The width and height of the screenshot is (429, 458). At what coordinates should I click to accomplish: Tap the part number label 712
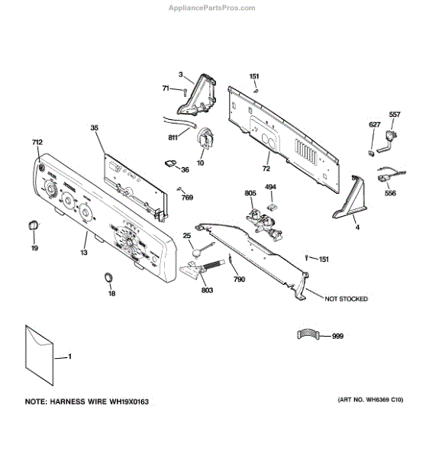tap(37, 143)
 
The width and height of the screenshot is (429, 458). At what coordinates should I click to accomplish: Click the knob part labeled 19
tap(34, 224)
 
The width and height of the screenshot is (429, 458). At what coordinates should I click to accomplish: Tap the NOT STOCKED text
tap(346, 298)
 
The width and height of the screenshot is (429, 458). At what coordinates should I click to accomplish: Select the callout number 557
tap(395, 114)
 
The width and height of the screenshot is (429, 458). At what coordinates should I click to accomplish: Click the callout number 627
tap(374, 124)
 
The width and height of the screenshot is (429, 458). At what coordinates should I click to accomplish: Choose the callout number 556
tap(390, 194)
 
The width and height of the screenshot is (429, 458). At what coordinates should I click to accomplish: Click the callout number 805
tap(250, 194)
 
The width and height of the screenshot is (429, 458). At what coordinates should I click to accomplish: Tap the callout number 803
tap(208, 291)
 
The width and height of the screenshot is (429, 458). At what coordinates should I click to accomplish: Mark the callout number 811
tap(173, 138)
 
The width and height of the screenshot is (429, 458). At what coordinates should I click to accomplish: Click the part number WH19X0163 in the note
tap(121, 401)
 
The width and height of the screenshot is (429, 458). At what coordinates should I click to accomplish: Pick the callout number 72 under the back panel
tap(266, 168)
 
